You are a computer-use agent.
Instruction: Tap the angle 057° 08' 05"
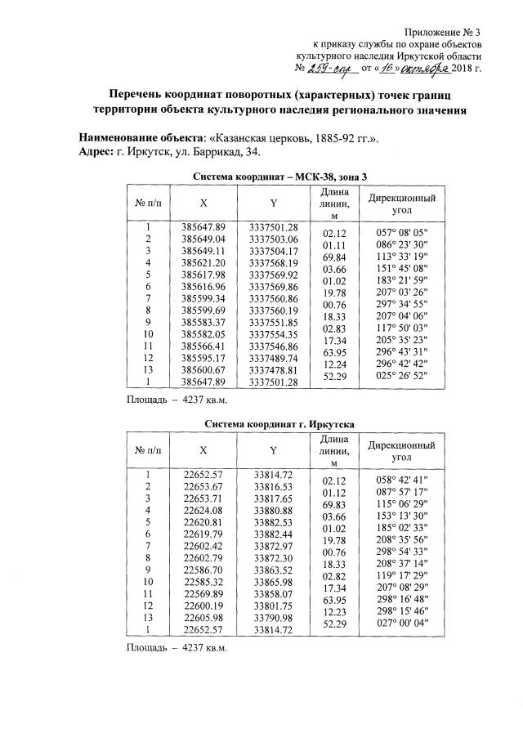pos(401,232)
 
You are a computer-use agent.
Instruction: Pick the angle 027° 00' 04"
pos(401,625)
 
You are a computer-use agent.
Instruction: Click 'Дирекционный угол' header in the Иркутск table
pos(401,452)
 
